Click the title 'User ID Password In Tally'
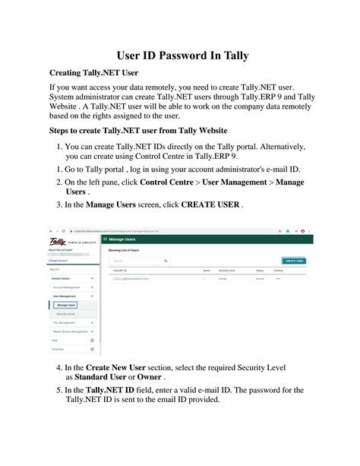click(x=180, y=55)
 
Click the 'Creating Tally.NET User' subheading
click(x=93, y=74)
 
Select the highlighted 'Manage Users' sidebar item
click(x=66, y=305)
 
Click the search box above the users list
click(x=137, y=261)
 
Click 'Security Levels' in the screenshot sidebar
click(x=67, y=313)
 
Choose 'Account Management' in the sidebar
click(x=68, y=288)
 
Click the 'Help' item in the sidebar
click(x=55, y=341)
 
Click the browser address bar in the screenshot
click(x=152, y=230)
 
